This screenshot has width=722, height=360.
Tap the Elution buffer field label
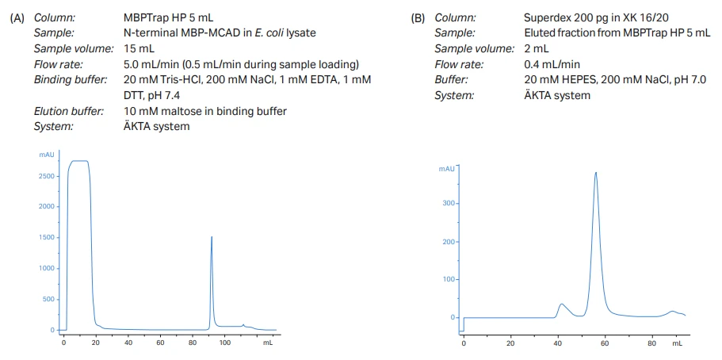pyautogui.click(x=68, y=111)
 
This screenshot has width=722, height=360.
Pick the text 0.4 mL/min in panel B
pyautogui.click(x=552, y=64)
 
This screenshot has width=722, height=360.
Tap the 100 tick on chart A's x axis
pyautogui.click(x=225, y=343)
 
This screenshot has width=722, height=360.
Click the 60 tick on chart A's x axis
pyautogui.click(x=160, y=343)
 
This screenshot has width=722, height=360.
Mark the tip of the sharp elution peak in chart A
pyautogui.click(x=212, y=236)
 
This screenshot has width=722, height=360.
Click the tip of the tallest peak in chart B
pyautogui.click(x=595, y=172)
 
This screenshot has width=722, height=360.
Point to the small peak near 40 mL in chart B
pyautogui.click(x=561, y=304)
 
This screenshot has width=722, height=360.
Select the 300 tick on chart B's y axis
pyautogui.click(x=449, y=204)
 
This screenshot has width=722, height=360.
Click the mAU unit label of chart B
pyautogui.click(x=447, y=169)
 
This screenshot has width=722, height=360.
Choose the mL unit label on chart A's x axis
pyautogui.click(x=268, y=343)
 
